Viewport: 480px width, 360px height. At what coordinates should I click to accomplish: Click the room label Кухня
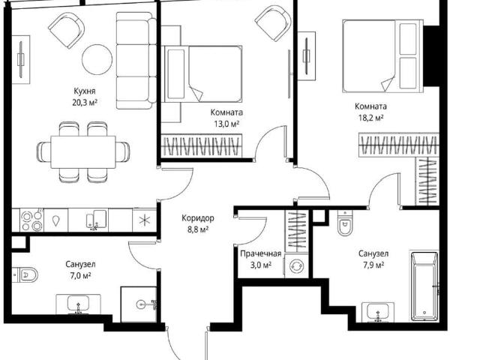click(x=85, y=91)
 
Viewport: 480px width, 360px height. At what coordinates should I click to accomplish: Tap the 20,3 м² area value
click(x=85, y=102)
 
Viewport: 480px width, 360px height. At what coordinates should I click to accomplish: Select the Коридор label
click(x=198, y=218)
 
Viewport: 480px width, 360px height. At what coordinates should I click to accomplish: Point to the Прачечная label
click(x=260, y=253)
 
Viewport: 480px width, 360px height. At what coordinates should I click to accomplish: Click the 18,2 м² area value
click(x=371, y=118)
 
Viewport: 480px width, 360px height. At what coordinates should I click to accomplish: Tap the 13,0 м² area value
click(x=226, y=124)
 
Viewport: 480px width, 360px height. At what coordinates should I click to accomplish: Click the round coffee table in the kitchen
click(x=97, y=59)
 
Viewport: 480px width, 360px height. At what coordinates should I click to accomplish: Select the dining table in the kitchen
click(x=83, y=151)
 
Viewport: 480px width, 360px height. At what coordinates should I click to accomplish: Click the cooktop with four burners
click(x=31, y=220)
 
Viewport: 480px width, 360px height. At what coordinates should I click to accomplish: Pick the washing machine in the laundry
click(x=296, y=265)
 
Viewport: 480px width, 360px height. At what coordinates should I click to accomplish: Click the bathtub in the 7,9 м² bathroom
click(x=424, y=286)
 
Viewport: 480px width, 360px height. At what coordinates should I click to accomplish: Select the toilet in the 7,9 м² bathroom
click(x=345, y=223)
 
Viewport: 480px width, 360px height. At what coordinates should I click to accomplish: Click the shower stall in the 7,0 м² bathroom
click(x=139, y=304)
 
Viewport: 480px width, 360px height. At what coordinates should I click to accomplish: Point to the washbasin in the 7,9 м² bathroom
click(x=378, y=313)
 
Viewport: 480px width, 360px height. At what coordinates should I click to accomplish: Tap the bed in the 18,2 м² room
click(x=383, y=55)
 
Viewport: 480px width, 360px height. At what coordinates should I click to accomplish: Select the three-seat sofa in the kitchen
click(x=136, y=60)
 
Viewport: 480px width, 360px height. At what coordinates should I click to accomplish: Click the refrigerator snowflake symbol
click(x=144, y=220)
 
